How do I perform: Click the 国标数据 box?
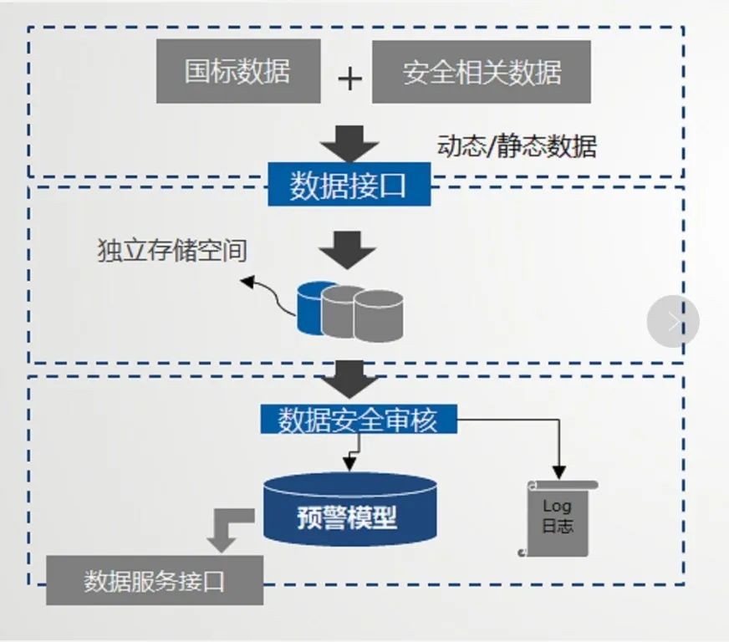click(x=238, y=71)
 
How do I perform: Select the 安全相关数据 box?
click(x=481, y=73)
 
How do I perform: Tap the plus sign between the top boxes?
click(x=349, y=79)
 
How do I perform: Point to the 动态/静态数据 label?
click(x=517, y=146)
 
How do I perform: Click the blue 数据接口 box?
click(x=349, y=186)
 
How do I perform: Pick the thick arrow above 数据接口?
click(x=349, y=143)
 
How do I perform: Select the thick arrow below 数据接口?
click(x=349, y=249)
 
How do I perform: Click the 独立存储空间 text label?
click(x=172, y=251)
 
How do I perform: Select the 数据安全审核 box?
click(x=358, y=419)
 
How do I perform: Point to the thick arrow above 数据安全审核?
click(x=349, y=379)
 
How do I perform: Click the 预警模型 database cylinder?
click(x=349, y=510)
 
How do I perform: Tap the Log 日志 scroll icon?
click(x=558, y=518)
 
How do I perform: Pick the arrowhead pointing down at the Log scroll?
click(x=558, y=473)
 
